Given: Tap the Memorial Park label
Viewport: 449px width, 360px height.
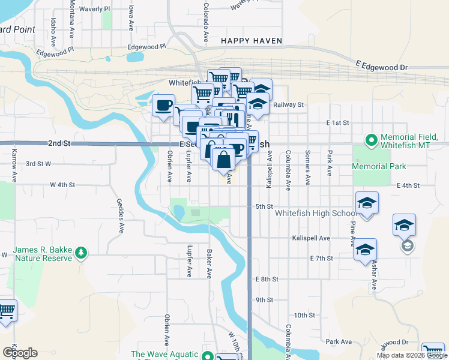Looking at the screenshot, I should click(379, 166).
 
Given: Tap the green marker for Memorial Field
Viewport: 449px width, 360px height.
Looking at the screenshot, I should click(372, 140).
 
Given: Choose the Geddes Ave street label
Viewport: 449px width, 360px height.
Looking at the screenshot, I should click(121, 216).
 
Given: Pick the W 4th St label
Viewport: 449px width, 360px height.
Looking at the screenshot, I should click(62, 185).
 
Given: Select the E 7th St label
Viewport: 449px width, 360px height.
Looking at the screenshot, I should click(321, 258).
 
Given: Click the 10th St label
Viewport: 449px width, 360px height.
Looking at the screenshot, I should click(304, 315).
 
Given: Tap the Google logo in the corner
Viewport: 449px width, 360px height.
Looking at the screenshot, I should click(20, 352).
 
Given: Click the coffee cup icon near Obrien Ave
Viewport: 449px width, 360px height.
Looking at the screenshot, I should click(163, 106).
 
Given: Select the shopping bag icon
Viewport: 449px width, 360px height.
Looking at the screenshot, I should click(223, 160).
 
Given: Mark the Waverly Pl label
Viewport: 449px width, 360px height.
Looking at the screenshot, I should click(98, 9).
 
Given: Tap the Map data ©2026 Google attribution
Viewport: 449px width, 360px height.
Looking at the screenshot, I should click(411, 355).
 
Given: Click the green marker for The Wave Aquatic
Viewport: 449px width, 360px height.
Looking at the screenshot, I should click(208, 356).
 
